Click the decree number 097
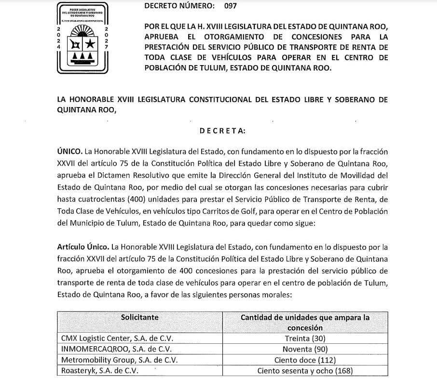coord(231,7)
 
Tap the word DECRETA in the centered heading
coord(222,131)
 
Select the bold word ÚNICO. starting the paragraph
coord(69,151)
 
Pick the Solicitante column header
coord(140,317)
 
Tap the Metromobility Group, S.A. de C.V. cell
coord(117,360)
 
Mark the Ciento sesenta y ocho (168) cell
coord(305,371)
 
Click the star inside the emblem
coord(90,44)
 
